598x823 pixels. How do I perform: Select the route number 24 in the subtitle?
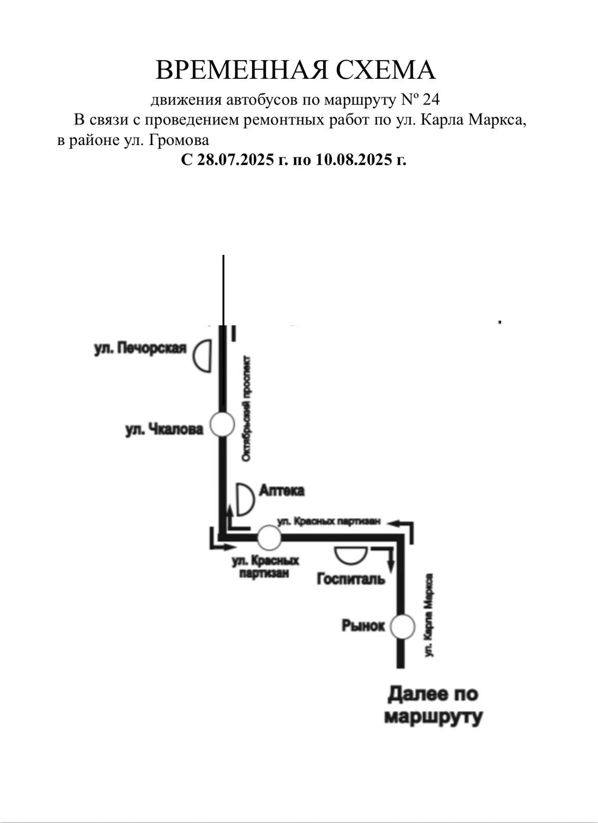click(431, 99)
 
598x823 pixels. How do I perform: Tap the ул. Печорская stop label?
click(139, 348)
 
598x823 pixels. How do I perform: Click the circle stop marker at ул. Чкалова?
click(223, 425)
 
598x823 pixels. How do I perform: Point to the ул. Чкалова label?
click(164, 429)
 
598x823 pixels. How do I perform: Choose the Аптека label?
click(282, 491)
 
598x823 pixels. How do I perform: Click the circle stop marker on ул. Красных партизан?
click(269, 538)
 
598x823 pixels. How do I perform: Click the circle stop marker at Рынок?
click(402, 627)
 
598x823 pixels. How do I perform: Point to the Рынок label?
click(363, 626)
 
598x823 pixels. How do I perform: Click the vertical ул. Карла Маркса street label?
click(429, 615)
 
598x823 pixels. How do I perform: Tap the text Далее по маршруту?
click(433, 705)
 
